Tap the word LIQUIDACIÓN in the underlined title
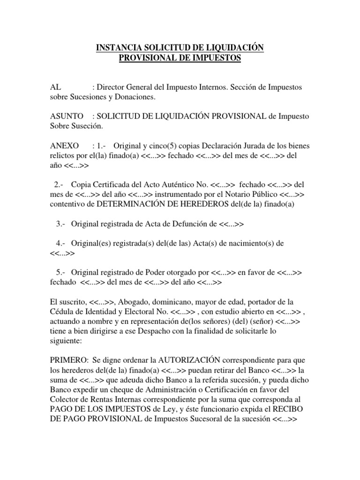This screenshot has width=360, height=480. [232, 48]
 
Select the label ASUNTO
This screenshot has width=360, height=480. [67, 116]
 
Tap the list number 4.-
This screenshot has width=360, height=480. [60, 244]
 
